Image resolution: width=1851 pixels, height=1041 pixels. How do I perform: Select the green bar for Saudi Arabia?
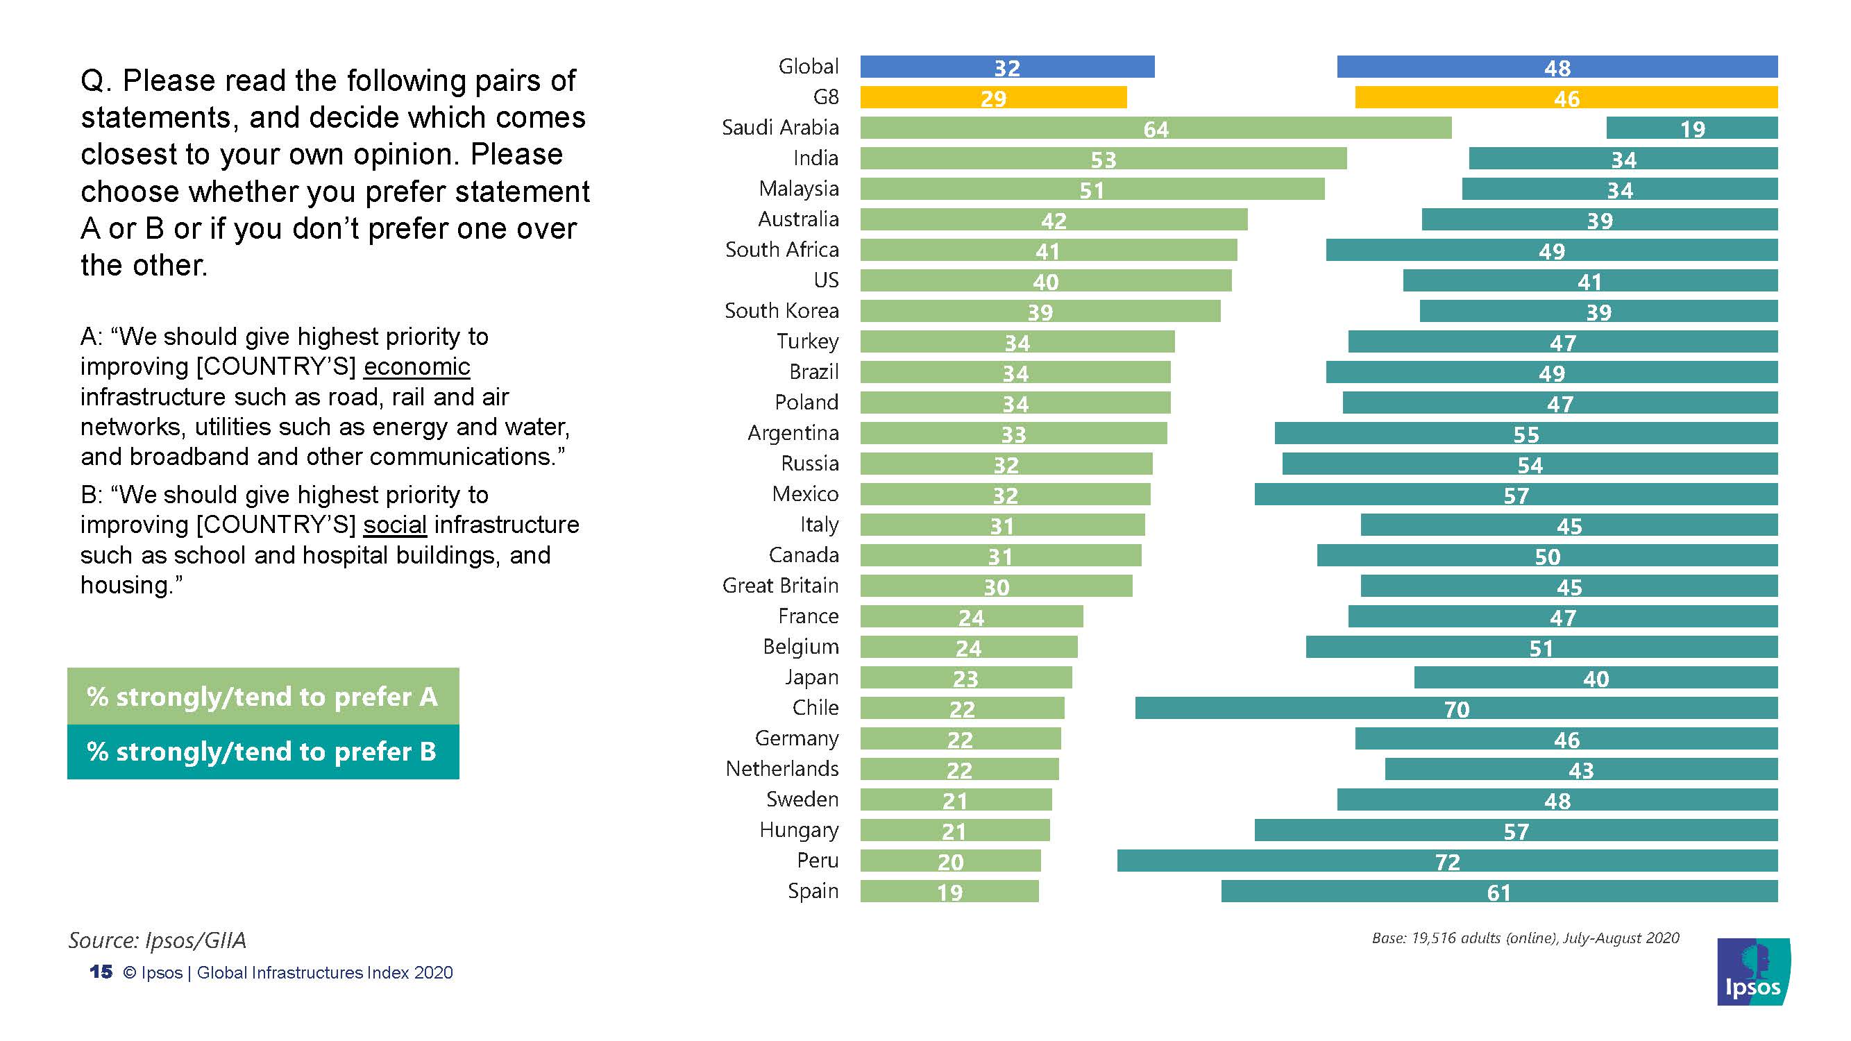1155,128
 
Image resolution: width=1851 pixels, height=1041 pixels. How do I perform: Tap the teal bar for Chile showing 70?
1456,708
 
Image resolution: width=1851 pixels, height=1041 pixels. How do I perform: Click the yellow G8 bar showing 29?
993,98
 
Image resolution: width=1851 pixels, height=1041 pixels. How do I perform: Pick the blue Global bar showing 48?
1557,67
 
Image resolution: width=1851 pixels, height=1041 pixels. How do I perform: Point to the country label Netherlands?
781,769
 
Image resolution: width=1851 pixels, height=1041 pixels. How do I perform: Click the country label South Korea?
781,310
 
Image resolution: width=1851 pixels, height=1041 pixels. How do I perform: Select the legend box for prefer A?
263,696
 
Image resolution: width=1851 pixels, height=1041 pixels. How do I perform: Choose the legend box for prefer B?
263,752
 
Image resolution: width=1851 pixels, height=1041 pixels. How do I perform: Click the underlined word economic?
416,367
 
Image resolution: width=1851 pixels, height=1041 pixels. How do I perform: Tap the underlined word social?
394,525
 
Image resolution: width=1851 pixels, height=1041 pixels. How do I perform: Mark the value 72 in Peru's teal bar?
1447,861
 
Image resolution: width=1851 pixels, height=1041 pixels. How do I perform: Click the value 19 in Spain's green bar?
949,892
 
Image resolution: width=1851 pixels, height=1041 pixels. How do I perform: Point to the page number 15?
101,972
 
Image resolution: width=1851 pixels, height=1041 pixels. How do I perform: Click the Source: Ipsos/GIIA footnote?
158,940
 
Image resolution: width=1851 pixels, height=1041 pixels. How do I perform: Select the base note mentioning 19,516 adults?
1525,938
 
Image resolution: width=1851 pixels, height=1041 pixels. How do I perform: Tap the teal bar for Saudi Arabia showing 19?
1691,128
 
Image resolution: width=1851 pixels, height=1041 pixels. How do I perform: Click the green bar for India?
1103,159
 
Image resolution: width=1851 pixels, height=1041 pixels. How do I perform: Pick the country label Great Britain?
780,586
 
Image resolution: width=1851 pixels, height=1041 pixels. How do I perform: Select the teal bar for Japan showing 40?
1595,677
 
